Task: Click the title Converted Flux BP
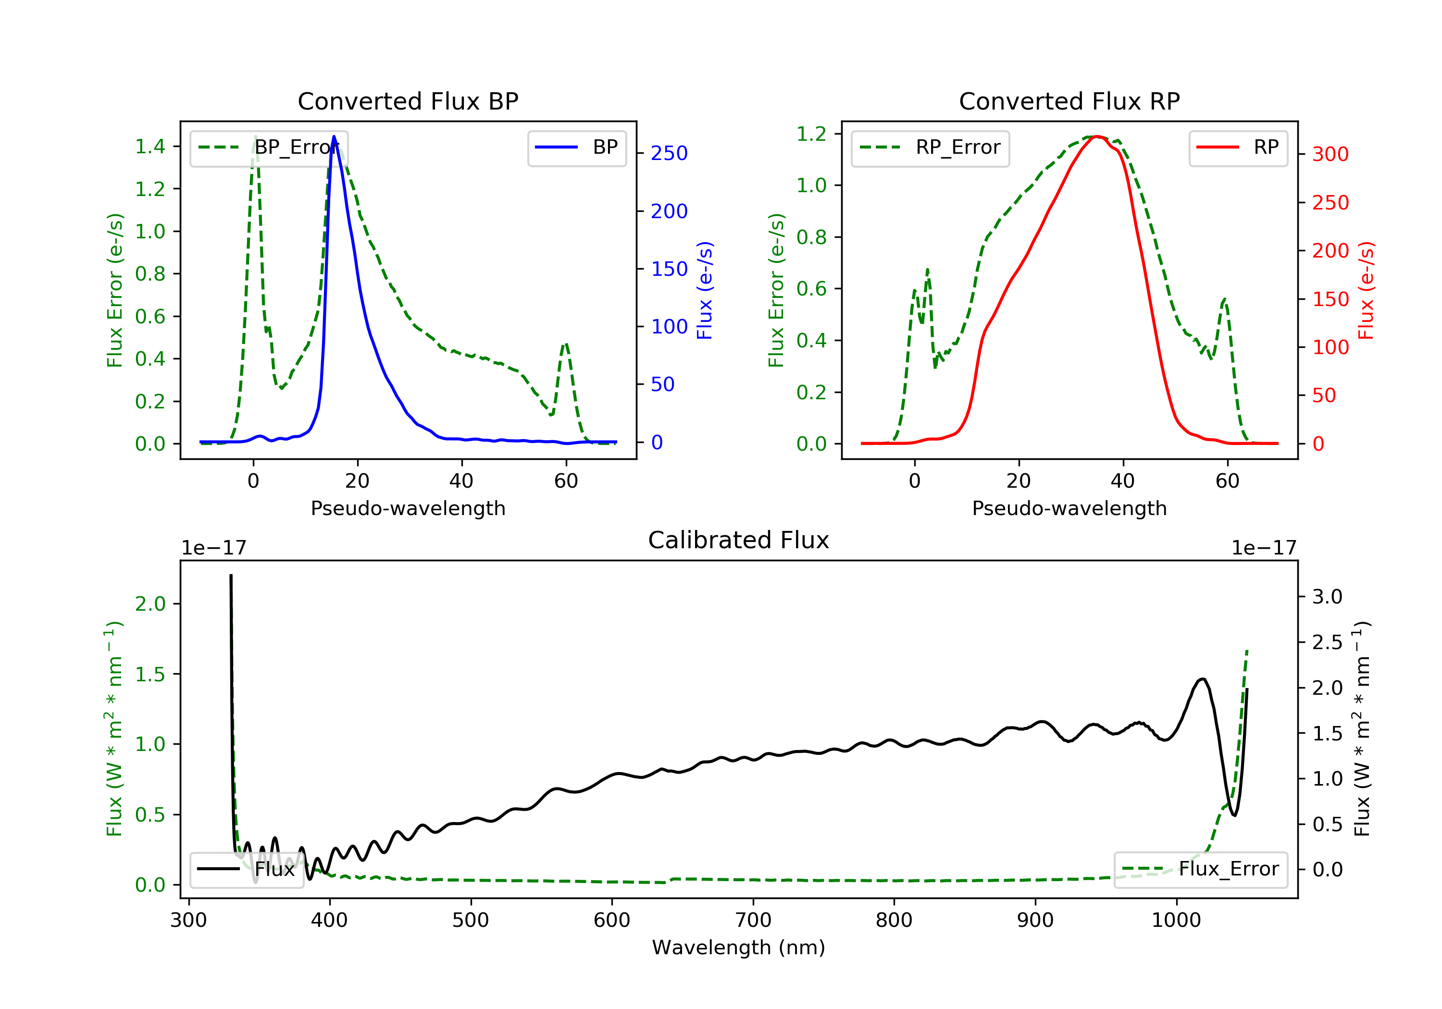point(408,101)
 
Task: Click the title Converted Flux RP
point(1069,101)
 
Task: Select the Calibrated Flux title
point(739,540)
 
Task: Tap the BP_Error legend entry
point(269,148)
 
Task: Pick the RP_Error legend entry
point(930,148)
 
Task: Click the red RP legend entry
point(1238,148)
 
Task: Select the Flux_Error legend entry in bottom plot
point(1201,869)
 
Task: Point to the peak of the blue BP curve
point(334,136)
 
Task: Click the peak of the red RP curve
point(1096,136)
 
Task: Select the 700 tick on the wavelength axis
point(753,921)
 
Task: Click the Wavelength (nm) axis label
point(739,947)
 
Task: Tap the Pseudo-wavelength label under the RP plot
point(1069,508)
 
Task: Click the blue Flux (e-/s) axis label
point(705,291)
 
